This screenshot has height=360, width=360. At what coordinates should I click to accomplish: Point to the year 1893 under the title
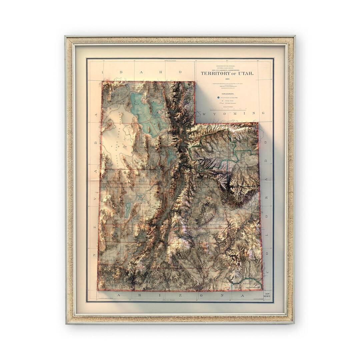(x=227, y=79)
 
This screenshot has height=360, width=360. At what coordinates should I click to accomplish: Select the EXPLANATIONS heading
(x=227, y=94)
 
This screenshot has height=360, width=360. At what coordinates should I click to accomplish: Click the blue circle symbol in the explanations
(x=218, y=98)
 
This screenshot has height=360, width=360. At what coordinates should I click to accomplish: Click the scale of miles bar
(x=228, y=109)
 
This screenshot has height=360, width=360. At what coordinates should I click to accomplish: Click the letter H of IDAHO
(x=161, y=72)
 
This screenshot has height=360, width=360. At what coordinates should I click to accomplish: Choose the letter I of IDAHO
(x=103, y=72)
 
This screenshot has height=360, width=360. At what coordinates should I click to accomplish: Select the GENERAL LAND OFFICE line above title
(x=227, y=67)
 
